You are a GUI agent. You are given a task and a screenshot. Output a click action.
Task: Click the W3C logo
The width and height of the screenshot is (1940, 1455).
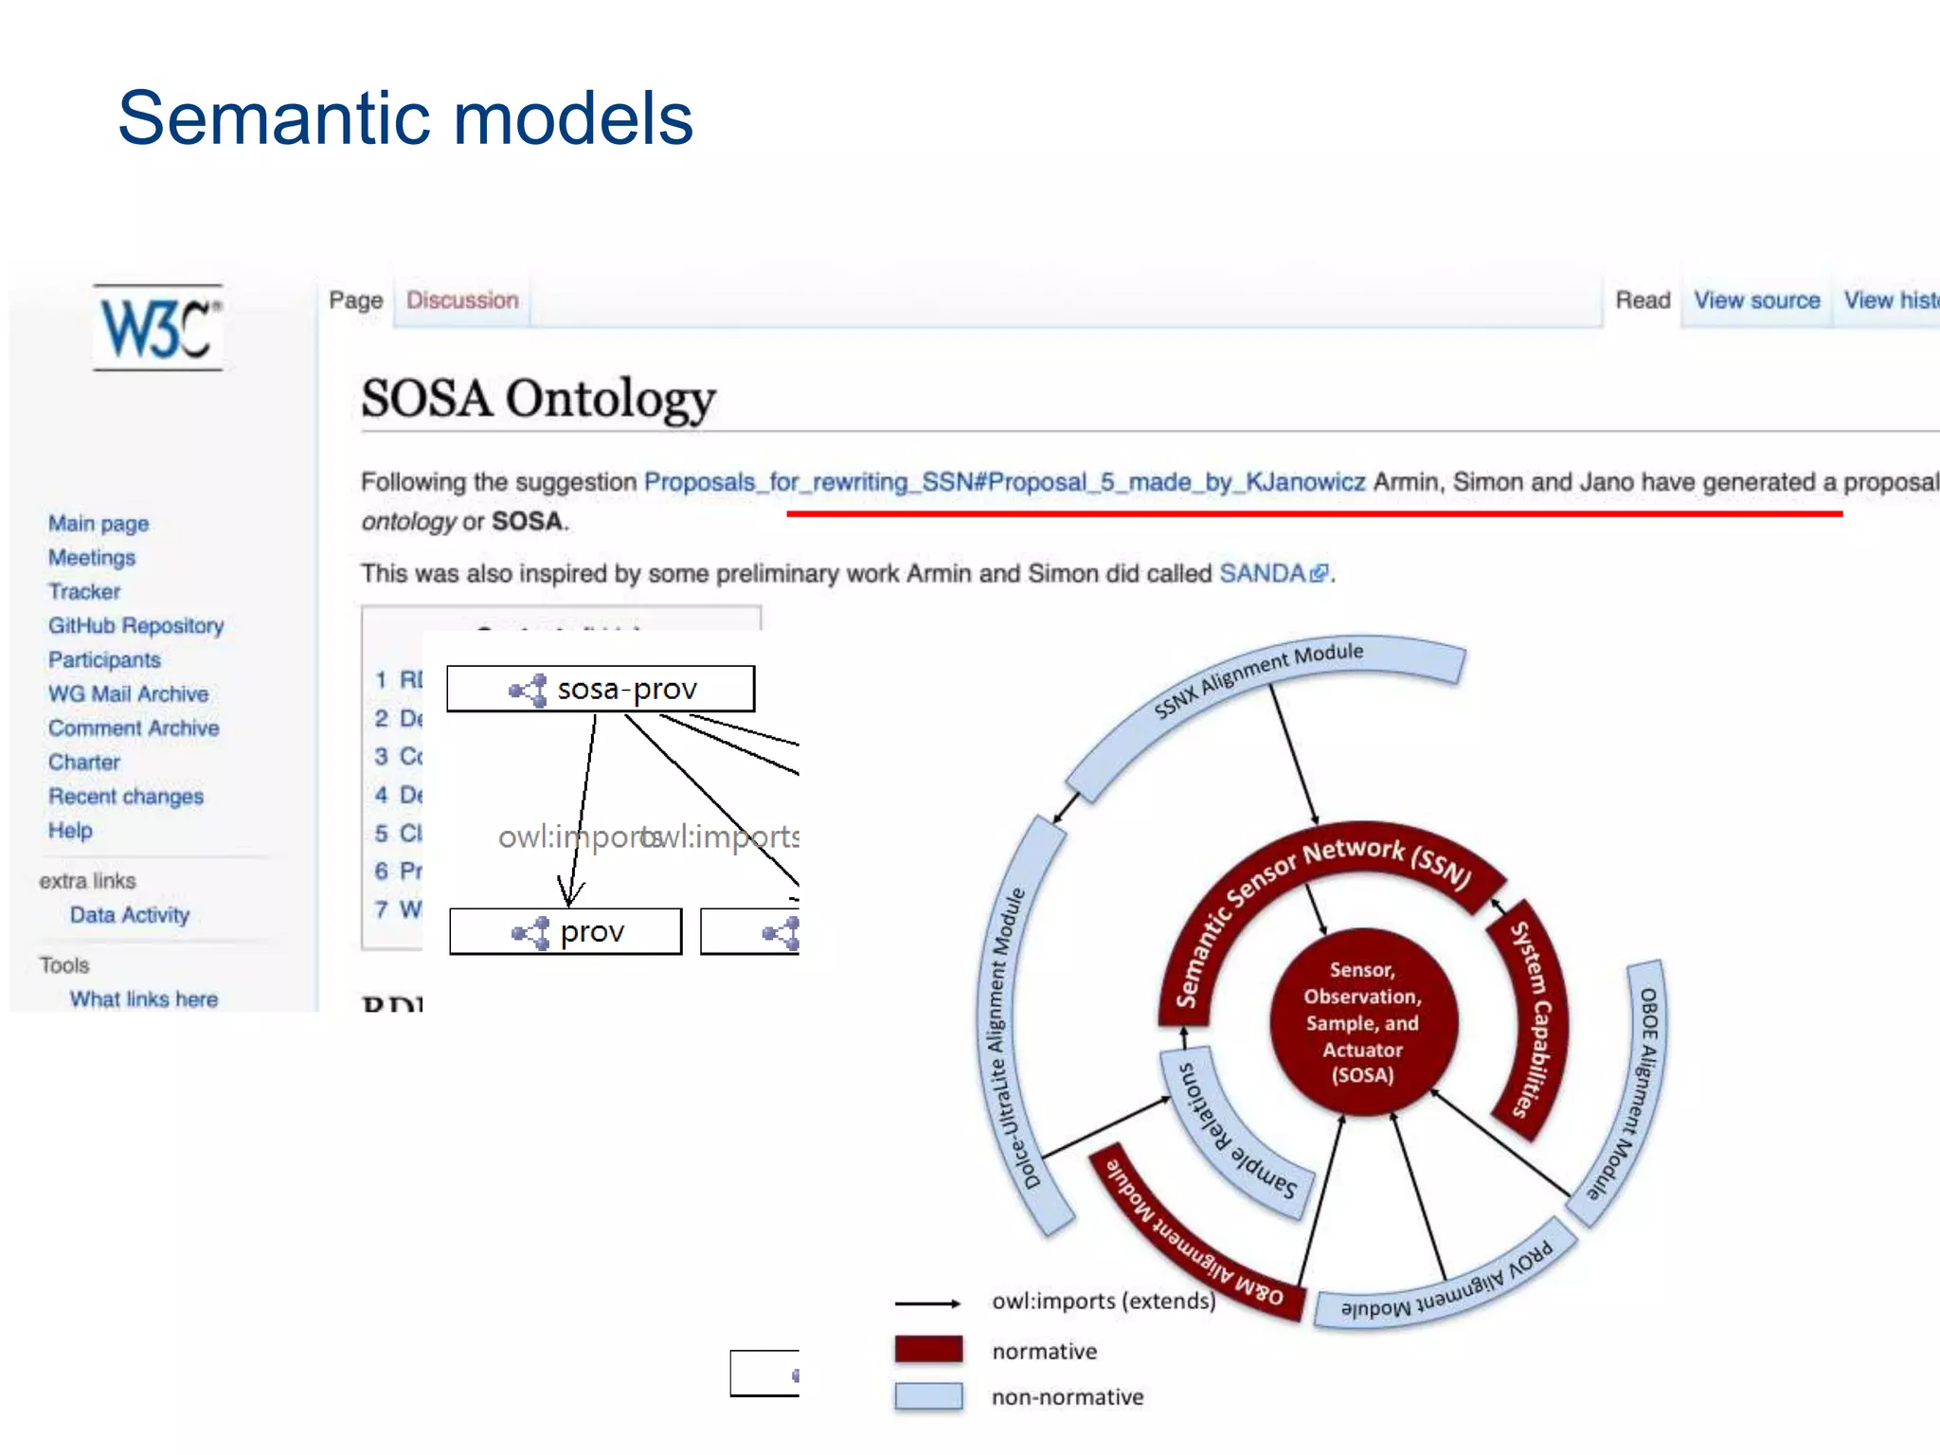[x=158, y=328]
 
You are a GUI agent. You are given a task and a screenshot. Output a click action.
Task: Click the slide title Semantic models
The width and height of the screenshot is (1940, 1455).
[x=405, y=118]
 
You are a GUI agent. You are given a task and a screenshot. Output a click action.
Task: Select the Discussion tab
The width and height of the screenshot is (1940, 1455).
[x=462, y=300]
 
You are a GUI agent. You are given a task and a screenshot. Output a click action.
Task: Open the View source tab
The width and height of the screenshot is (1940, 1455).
[x=1756, y=300]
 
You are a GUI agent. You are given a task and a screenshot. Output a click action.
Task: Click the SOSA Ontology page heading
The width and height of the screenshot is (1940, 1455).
[x=537, y=399]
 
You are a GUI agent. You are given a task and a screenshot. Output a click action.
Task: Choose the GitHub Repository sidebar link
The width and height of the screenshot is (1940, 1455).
[x=135, y=625]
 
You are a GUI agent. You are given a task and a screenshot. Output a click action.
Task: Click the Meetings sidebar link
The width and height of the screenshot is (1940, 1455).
[x=91, y=557]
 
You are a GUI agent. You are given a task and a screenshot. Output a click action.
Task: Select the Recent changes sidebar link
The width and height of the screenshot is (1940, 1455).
[x=126, y=796]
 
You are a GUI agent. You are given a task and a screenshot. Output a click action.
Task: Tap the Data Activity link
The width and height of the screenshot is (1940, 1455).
[x=130, y=914]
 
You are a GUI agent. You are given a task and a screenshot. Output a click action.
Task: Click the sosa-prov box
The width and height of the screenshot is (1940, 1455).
[x=601, y=689]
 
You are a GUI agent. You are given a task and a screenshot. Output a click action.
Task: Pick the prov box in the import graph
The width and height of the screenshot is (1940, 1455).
[x=566, y=932]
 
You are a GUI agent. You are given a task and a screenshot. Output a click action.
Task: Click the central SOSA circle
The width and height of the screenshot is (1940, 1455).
[x=1362, y=1022]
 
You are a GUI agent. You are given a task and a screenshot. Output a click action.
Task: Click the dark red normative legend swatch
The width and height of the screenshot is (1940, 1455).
[x=928, y=1350]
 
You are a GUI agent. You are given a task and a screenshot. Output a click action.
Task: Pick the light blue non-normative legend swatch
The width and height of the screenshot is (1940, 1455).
[x=928, y=1396]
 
